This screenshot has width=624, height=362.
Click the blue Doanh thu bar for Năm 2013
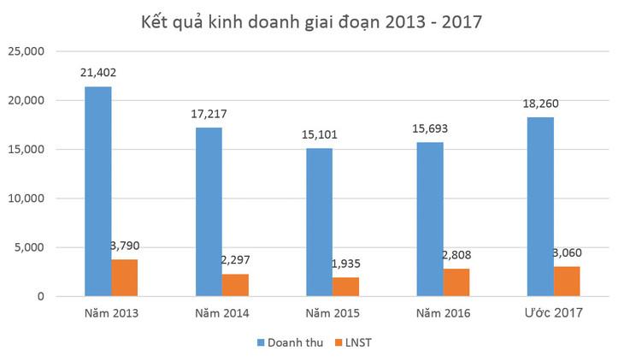click(x=97, y=192)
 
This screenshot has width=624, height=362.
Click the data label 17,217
click(x=209, y=114)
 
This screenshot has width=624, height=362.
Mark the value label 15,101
click(x=319, y=134)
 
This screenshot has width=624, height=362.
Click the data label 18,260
click(x=540, y=104)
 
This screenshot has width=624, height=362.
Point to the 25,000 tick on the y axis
click(x=26, y=51)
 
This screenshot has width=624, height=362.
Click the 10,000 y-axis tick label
click(x=26, y=199)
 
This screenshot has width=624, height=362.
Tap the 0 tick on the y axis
click(x=40, y=297)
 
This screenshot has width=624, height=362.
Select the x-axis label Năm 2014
click(x=221, y=313)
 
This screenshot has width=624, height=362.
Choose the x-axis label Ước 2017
click(x=553, y=313)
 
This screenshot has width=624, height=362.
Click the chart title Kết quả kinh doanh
click(x=311, y=21)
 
